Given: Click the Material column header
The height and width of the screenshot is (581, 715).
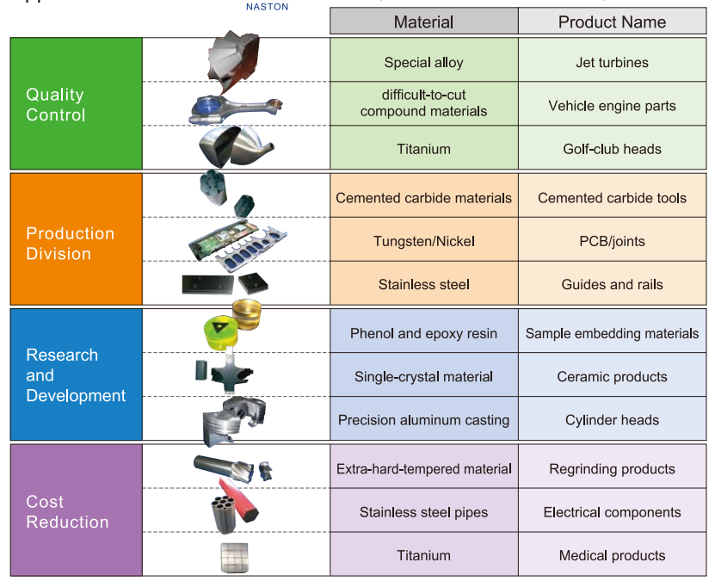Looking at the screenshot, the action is pyautogui.click(x=423, y=22).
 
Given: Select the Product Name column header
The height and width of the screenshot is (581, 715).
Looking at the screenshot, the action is pyautogui.click(x=612, y=22).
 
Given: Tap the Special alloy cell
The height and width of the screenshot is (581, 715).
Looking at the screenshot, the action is pyautogui.click(x=423, y=62).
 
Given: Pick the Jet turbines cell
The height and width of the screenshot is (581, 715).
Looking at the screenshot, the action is pyautogui.click(x=612, y=62).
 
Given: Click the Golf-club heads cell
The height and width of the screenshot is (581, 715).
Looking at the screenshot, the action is pyautogui.click(x=612, y=149).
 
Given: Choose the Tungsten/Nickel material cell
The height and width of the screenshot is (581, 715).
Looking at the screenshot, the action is pyautogui.click(x=423, y=241).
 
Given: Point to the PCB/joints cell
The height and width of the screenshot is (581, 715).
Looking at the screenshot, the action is pyautogui.click(x=612, y=241).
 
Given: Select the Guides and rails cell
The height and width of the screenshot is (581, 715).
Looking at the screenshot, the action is pyautogui.click(x=612, y=284).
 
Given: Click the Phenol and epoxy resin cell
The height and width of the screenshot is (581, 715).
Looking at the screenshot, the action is pyautogui.click(x=423, y=333).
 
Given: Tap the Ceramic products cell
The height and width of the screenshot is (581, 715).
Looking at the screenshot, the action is pyautogui.click(x=612, y=376).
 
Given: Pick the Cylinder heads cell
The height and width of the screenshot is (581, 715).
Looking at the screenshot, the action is pyautogui.click(x=612, y=420).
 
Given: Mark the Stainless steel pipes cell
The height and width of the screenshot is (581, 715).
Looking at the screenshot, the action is pyautogui.click(x=423, y=512).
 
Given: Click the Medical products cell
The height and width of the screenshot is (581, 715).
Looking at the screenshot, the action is pyautogui.click(x=612, y=555).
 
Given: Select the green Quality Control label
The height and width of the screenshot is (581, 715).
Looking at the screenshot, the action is pyautogui.click(x=56, y=104).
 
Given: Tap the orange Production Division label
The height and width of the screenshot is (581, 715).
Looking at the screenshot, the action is pyautogui.click(x=70, y=243).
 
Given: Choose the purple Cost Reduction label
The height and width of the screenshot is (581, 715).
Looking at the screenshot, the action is pyautogui.click(x=67, y=511).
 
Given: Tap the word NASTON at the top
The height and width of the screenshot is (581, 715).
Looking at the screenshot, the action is pyautogui.click(x=268, y=6).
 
